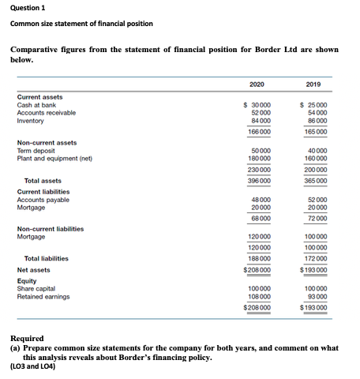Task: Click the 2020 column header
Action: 256,84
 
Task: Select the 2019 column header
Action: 313,84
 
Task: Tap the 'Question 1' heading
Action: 28,7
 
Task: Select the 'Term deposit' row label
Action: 36,150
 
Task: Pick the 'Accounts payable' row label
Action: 43,199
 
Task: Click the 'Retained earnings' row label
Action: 43,297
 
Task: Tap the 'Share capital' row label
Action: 37,289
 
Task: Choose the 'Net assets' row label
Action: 34,269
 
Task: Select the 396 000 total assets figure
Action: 258,181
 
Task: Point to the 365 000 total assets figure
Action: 315,181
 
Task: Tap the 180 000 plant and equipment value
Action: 258,158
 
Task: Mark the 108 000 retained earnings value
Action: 258,297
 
